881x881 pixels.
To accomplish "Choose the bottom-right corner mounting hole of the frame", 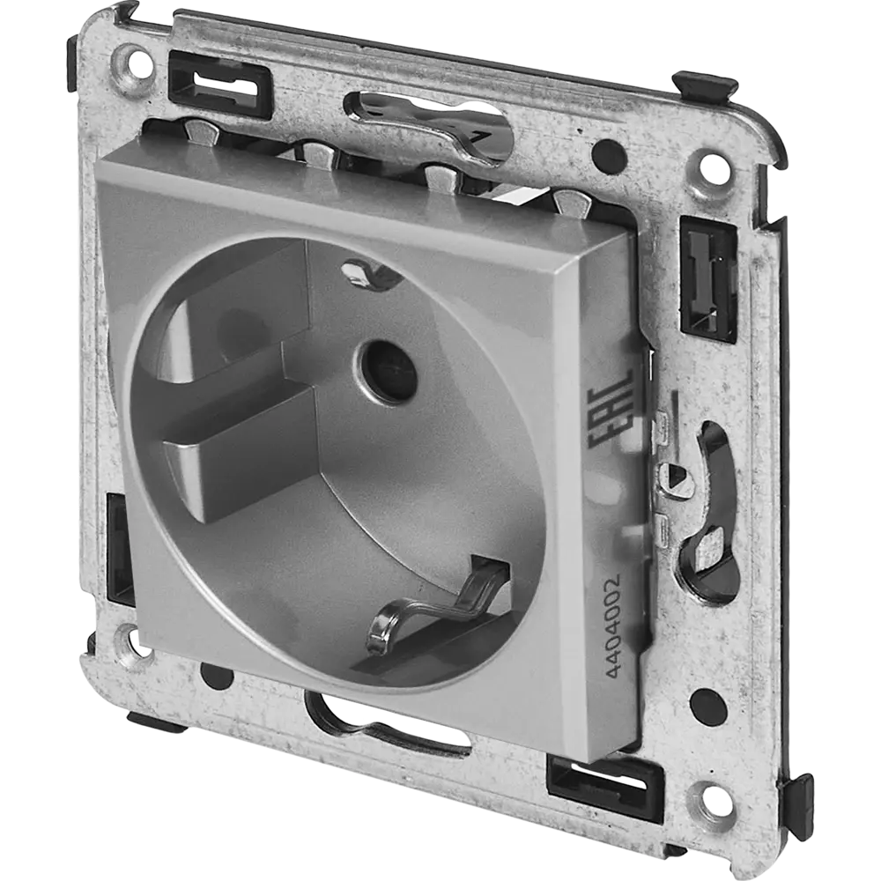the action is [705, 794].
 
